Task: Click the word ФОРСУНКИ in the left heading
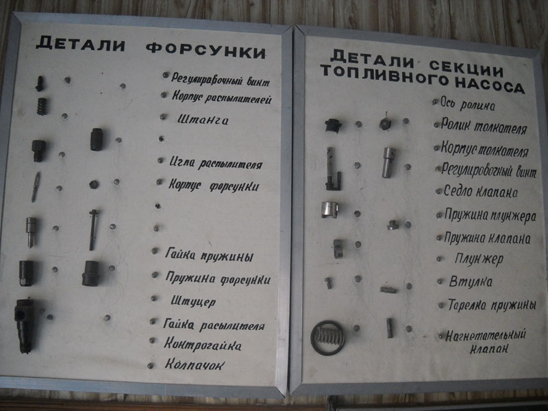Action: pyautogui.click(x=206, y=52)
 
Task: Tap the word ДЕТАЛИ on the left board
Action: pyautogui.click(x=81, y=44)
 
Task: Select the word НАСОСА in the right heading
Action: pyautogui.click(x=490, y=85)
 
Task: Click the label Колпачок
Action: pyautogui.click(x=195, y=364)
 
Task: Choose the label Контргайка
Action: pyautogui.click(x=202, y=345)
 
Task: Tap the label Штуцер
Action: pyautogui.click(x=193, y=301)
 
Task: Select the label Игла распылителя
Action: pyautogui.click(x=216, y=163)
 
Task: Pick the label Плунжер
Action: pyautogui.click(x=479, y=260)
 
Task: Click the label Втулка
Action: pyautogui.click(x=471, y=282)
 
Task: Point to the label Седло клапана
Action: pyautogui.click(x=481, y=192)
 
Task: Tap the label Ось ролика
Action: pyautogui.click(x=467, y=104)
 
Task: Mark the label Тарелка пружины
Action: pyautogui.click(x=492, y=304)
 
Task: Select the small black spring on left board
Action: pyautogui.click(x=42, y=106)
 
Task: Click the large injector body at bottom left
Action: pyautogui.click(x=25, y=325)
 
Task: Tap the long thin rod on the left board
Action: pyautogui.click(x=93, y=229)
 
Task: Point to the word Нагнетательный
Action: pyautogui.click(x=486, y=336)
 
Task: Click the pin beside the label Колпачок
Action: pyautogui.click(x=150, y=366)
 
